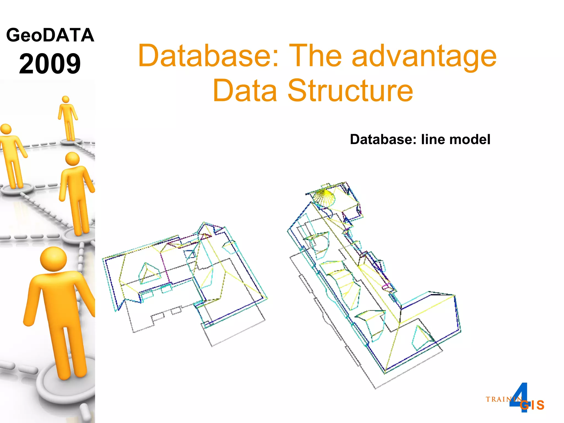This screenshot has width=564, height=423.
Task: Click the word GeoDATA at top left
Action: point(50,35)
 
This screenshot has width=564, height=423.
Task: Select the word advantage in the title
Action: point(424,56)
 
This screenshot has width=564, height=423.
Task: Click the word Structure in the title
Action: point(350,91)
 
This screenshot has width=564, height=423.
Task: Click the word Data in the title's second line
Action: point(245,91)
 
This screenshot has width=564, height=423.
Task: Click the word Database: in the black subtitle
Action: point(383,139)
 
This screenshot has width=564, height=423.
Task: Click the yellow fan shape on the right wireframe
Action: point(325,196)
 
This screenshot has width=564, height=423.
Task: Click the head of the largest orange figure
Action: point(53,259)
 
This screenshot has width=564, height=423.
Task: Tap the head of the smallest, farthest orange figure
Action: point(66,99)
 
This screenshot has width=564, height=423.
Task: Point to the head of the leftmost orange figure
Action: point(6,129)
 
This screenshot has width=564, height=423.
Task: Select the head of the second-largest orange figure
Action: point(72,159)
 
